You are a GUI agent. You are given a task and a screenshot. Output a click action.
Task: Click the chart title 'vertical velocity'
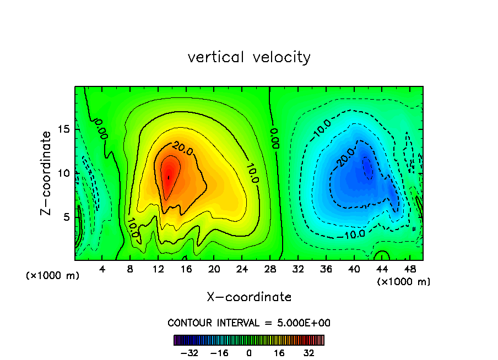[249, 57]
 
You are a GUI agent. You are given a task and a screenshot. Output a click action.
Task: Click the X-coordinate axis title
[249, 297]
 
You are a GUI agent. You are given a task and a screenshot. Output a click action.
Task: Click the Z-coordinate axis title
[46, 173]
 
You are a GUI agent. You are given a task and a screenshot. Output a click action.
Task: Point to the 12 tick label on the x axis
[158, 269]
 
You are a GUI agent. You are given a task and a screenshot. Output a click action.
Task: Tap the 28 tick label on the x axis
[270, 269]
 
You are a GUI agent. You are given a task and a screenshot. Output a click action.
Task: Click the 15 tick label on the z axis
[65, 129]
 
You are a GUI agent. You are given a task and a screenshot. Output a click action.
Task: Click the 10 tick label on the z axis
[65, 173]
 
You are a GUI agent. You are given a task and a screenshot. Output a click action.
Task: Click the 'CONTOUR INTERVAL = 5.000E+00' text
[249, 323]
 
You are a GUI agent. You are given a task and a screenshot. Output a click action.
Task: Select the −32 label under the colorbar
[190, 353]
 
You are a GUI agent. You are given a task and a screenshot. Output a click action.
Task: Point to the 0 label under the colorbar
[249, 353]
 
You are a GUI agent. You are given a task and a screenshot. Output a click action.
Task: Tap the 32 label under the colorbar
[308, 353]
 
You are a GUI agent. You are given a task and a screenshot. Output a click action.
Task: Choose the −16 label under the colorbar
[219, 353]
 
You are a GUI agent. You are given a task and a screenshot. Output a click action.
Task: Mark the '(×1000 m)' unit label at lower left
[53, 276]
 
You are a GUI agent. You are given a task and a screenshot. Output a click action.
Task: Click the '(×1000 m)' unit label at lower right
[403, 282]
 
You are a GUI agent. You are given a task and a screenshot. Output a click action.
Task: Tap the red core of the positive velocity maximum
[169, 176]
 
